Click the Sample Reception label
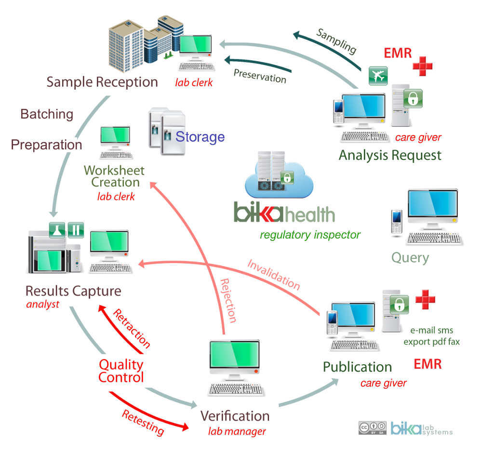pyautogui.click(x=102, y=82)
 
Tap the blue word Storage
pyautogui.click(x=200, y=137)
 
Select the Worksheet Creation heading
pyautogui.click(x=115, y=176)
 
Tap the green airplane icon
pyautogui.click(x=378, y=76)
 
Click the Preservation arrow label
pyautogui.click(x=260, y=75)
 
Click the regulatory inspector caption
pyautogui.click(x=310, y=235)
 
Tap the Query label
pyautogui.click(x=410, y=258)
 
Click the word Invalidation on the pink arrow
pyautogui.click(x=273, y=275)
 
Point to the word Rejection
pyautogui.click(x=228, y=300)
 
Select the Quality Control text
pyautogui.click(x=121, y=371)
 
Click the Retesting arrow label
pyautogui.click(x=143, y=422)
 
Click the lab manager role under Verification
pyautogui.click(x=237, y=431)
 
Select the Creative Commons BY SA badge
pyautogui.click(x=372, y=428)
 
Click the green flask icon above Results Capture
pyautogui.click(x=57, y=230)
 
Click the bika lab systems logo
pyautogui.click(x=421, y=428)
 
